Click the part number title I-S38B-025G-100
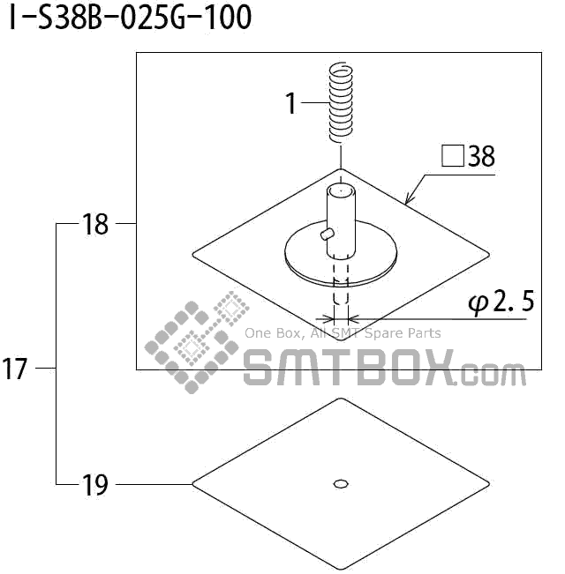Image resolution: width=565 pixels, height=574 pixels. click(130, 19)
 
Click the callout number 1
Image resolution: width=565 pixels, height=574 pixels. click(291, 103)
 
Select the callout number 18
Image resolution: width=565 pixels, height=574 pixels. click(94, 225)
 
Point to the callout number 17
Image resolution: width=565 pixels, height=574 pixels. click(16, 368)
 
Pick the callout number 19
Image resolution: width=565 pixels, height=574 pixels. click(94, 484)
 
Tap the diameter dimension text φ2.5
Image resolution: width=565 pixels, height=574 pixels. click(500, 302)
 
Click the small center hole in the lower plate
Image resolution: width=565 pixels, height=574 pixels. click(341, 482)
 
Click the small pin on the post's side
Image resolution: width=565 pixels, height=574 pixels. click(327, 233)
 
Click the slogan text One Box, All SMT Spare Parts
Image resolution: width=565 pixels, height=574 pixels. click(343, 333)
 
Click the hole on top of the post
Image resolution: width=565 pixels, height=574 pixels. click(341, 190)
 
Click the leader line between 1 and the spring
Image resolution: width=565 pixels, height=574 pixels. click(314, 103)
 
